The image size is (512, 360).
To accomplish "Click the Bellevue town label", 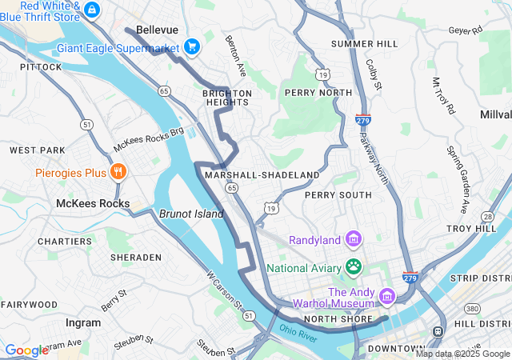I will [157, 30].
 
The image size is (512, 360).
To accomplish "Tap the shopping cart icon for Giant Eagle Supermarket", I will [192, 47].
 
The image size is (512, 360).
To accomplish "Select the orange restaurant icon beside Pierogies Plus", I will [118, 172].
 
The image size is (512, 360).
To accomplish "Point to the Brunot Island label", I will [191, 214].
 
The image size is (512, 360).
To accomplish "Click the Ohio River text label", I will [299, 330].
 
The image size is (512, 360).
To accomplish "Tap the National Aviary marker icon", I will [354, 266].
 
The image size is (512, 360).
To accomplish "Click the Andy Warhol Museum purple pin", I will [386, 297].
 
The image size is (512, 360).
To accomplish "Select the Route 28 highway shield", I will [487, 216].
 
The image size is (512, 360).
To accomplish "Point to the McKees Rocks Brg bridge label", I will [149, 140].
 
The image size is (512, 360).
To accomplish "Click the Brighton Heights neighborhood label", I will [227, 98].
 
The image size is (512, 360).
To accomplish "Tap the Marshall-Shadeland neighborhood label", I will [262, 174].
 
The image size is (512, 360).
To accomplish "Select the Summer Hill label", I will [364, 43].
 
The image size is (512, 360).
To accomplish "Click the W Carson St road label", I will [224, 290].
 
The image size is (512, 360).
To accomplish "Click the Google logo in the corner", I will [26, 350].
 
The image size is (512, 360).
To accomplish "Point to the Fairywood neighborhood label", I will [29, 305].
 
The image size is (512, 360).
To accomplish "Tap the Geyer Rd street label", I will [466, 30].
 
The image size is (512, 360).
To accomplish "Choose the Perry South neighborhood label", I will [338, 194].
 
